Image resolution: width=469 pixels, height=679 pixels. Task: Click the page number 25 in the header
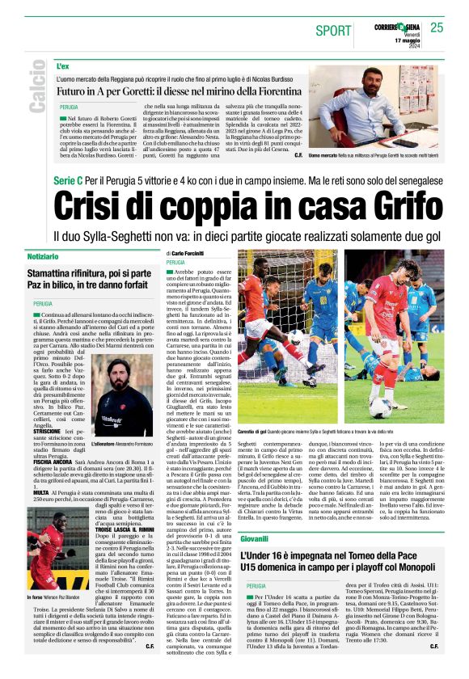click(x=437, y=28)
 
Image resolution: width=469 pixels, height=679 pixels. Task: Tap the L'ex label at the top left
click(x=63, y=65)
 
